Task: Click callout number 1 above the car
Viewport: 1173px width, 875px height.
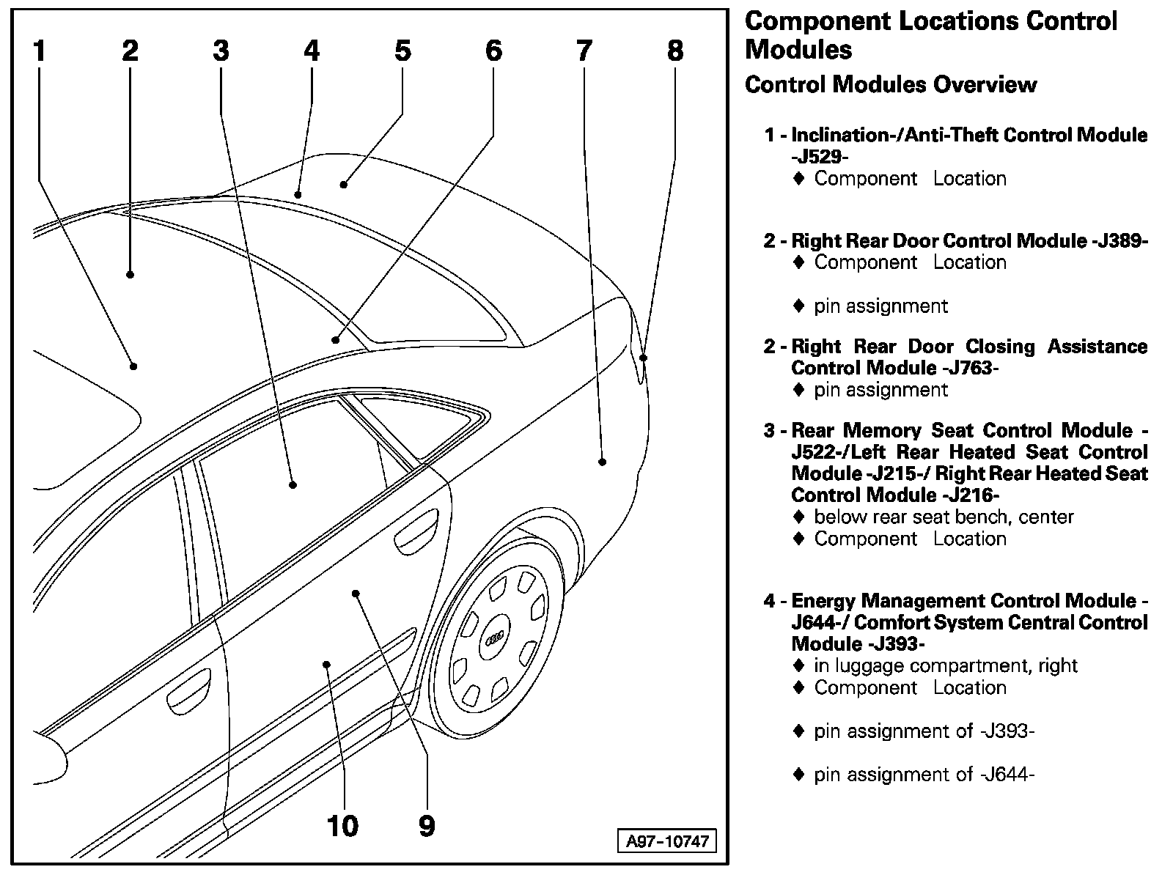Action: (x=40, y=51)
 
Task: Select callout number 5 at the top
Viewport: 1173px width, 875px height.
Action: (x=402, y=51)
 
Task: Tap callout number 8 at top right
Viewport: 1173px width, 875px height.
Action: (x=675, y=51)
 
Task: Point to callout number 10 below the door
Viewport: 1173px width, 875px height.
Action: (x=342, y=826)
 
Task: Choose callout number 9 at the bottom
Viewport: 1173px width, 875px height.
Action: (x=427, y=826)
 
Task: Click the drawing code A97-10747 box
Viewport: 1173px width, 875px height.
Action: (x=667, y=841)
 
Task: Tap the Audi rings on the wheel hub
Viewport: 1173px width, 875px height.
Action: (x=495, y=640)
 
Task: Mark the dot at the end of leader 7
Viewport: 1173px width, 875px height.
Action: (x=602, y=462)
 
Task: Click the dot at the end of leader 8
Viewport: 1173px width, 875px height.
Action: (x=644, y=358)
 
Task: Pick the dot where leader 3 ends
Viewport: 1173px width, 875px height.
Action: (x=293, y=484)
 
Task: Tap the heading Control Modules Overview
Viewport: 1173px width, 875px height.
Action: (x=891, y=85)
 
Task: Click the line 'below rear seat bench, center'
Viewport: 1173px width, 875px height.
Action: (x=944, y=517)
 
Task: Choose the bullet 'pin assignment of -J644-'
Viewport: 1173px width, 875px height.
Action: (x=924, y=775)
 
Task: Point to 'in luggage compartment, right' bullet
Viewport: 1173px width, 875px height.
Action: (x=946, y=666)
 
